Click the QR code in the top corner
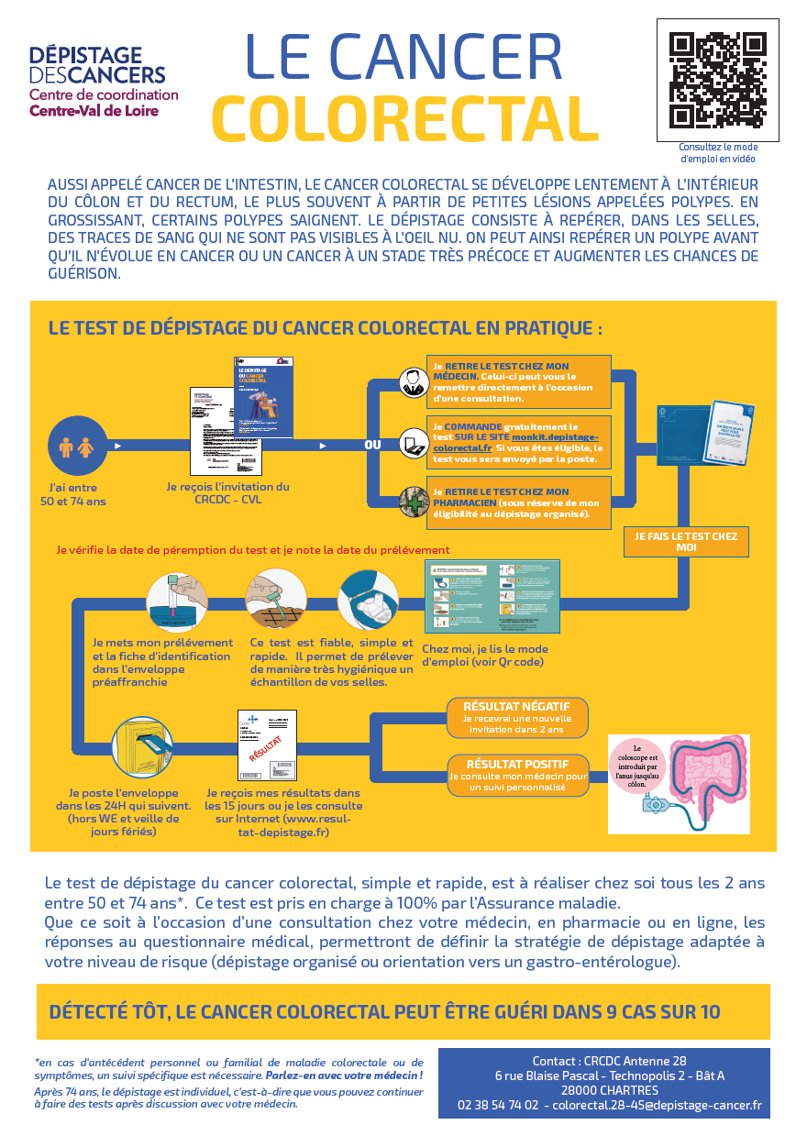point(717,80)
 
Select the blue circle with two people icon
point(77,446)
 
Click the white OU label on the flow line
point(372,446)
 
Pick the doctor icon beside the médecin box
point(412,381)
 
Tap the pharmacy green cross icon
point(412,502)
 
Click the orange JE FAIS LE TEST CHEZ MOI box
point(686,541)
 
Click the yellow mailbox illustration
point(142,746)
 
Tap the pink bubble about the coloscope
point(638,765)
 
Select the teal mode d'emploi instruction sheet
point(492,596)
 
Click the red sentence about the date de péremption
point(253,550)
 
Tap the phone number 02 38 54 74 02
point(498,1105)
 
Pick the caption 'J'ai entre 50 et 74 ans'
point(73,495)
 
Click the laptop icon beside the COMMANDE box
point(412,442)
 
